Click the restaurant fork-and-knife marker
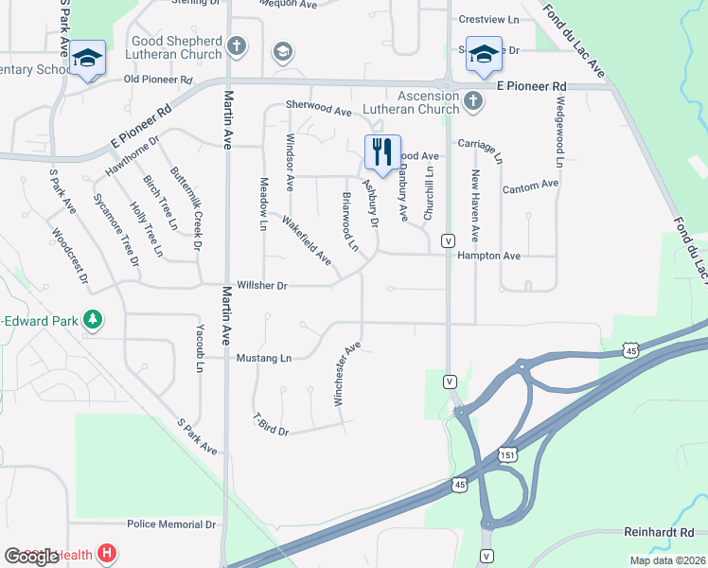[382, 151]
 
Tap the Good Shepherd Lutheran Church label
[178, 48]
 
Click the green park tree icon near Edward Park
[92, 319]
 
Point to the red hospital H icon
[108, 553]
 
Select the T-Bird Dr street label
[270, 425]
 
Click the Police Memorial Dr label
[171, 524]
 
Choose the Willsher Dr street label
[262, 285]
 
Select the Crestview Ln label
[488, 19]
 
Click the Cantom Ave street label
[530, 186]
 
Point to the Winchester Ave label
[347, 374]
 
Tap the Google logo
[31, 556]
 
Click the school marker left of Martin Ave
[87, 60]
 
